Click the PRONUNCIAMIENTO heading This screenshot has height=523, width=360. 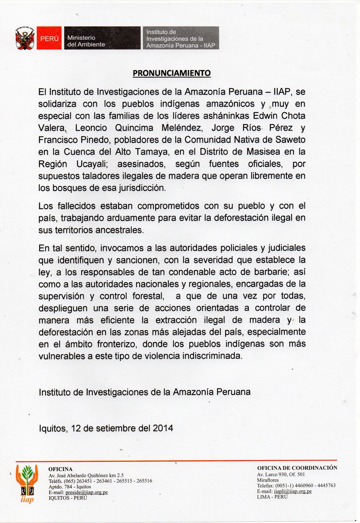[172, 73]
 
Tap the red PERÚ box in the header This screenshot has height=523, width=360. [49, 38]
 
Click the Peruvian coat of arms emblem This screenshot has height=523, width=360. [25, 38]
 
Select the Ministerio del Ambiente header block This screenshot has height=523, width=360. [102, 38]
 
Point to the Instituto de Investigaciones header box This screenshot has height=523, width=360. [180, 38]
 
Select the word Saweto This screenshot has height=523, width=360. [292, 141]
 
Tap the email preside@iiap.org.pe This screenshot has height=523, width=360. [86, 493]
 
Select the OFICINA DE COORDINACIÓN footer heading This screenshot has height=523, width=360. [297, 468]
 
